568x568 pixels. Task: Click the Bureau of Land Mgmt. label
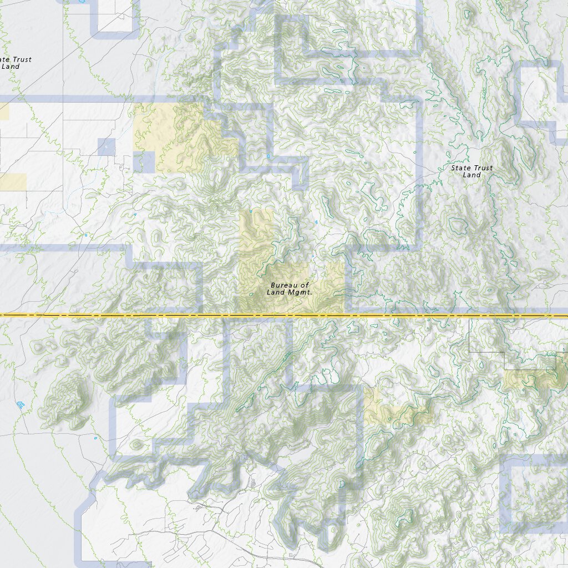coord(290,288)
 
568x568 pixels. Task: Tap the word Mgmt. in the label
coord(303,292)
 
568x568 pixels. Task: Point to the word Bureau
coord(281,285)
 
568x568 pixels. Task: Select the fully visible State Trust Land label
coord(471,171)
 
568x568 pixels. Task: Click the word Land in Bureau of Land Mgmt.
coord(277,292)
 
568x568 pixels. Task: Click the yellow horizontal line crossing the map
coord(166,315)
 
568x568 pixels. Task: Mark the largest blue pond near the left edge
coord(21,404)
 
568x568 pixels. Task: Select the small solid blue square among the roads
coord(106,147)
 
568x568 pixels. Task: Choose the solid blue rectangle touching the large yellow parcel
coord(144,162)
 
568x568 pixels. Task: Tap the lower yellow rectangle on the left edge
coord(12,182)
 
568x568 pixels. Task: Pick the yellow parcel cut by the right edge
coord(535,379)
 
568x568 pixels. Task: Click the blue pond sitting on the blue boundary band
coord(268,156)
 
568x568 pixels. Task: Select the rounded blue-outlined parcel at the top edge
coord(115,17)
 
